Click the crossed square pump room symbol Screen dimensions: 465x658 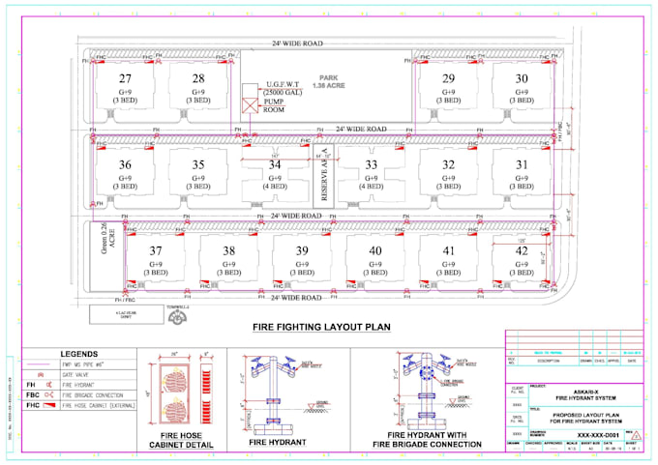[249, 101]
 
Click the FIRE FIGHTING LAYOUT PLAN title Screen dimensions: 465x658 [320, 327]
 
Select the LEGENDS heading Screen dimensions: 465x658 [80, 355]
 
